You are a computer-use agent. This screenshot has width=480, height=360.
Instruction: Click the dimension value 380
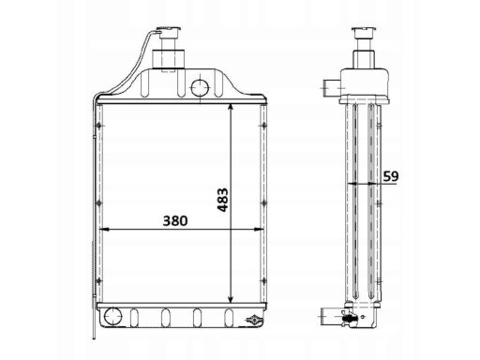click(175, 220)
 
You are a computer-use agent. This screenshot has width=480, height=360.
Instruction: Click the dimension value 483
click(223, 200)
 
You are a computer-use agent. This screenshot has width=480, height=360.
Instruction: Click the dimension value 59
click(391, 176)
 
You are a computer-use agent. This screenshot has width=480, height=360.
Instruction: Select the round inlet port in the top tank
click(200, 87)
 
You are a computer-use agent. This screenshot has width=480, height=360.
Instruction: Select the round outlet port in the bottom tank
click(112, 317)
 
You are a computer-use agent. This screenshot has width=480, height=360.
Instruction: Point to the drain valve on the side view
click(349, 318)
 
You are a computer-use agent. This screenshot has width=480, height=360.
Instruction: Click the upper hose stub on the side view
click(332, 88)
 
